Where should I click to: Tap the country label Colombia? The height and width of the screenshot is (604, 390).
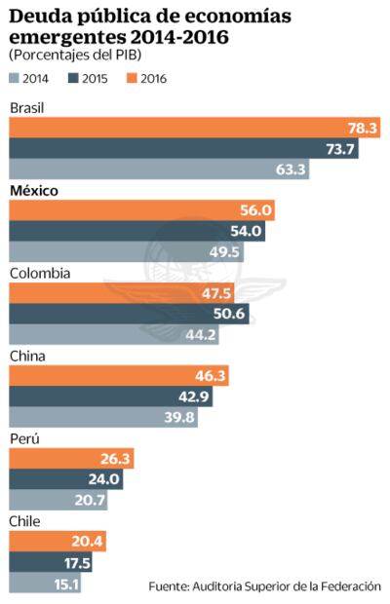pos(39,274)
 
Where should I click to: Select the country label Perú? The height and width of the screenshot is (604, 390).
pos(24,439)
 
